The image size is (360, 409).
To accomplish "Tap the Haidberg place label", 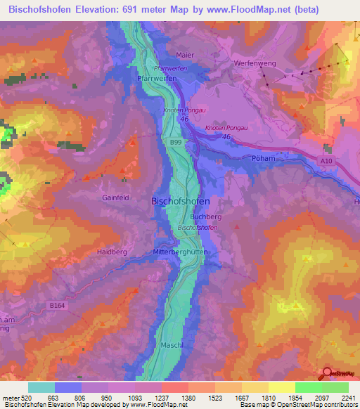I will pos(111,251).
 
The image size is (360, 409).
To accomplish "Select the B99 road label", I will pos(175,141).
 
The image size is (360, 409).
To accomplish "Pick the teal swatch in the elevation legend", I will pos(41,387).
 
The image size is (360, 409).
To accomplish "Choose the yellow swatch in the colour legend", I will pos(281,387).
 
